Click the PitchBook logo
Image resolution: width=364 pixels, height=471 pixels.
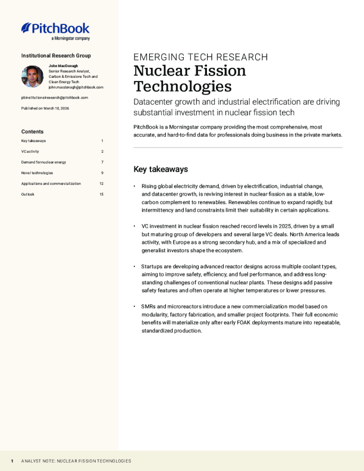55,28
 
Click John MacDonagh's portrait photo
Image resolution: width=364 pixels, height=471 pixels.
33,76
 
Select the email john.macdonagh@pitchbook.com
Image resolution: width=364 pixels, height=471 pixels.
76,87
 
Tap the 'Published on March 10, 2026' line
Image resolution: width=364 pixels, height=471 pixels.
45,108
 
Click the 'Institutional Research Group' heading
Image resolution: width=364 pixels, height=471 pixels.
56,55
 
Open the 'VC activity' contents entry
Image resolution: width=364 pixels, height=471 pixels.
31,152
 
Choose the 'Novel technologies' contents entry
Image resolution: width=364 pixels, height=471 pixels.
37,173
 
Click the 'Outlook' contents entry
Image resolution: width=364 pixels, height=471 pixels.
28,194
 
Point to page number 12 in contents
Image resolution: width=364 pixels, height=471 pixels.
101,184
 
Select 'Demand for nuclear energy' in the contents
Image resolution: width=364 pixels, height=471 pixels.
43,162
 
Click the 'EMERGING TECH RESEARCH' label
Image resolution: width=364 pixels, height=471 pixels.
200,57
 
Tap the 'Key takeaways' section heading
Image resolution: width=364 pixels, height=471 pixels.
161,169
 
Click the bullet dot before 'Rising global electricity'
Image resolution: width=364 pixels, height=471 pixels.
135,187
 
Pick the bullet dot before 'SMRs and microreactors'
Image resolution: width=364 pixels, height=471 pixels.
135,307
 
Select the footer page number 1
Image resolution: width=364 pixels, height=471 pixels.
12,461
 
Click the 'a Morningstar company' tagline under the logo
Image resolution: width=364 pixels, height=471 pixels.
71,38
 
